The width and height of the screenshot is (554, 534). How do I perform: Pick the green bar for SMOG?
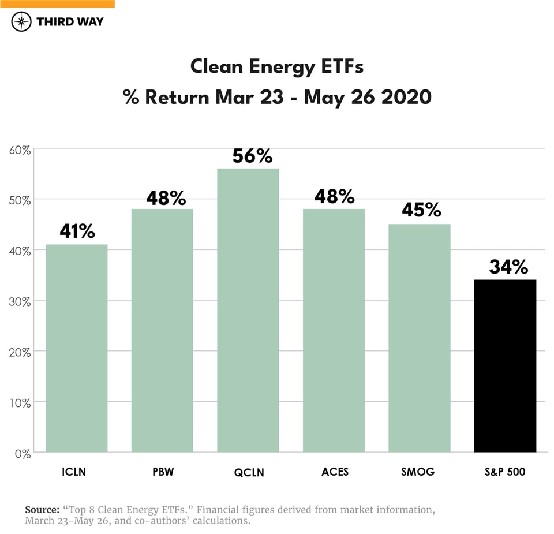(x=419, y=338)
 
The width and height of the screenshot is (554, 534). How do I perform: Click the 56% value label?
(x=252, y=156)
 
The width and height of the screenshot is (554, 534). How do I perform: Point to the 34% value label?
(x=508, y=267)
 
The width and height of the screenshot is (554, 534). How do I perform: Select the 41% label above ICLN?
(x=77, y=231)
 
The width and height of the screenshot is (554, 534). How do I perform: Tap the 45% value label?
(x=421, y=210)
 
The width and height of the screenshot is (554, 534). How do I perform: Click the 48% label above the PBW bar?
(x=166, y=199)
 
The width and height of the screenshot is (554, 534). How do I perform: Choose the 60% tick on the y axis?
(x=20, y=150)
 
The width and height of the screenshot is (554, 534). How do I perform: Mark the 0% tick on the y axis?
(x=21, y=454)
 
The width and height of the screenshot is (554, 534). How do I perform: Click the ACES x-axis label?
(x=335, y=472)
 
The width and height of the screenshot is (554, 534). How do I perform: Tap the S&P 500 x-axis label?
(x=506, y=472)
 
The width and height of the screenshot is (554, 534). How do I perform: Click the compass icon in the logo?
(x=21, y=22)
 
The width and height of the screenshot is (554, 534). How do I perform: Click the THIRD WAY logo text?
(x=70, y=22)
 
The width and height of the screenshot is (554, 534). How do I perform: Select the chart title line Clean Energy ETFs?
(x=277, y=67)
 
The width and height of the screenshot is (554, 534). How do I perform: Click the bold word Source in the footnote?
(x=42, y=510)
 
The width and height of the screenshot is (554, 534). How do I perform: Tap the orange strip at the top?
(x=57, y=3)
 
